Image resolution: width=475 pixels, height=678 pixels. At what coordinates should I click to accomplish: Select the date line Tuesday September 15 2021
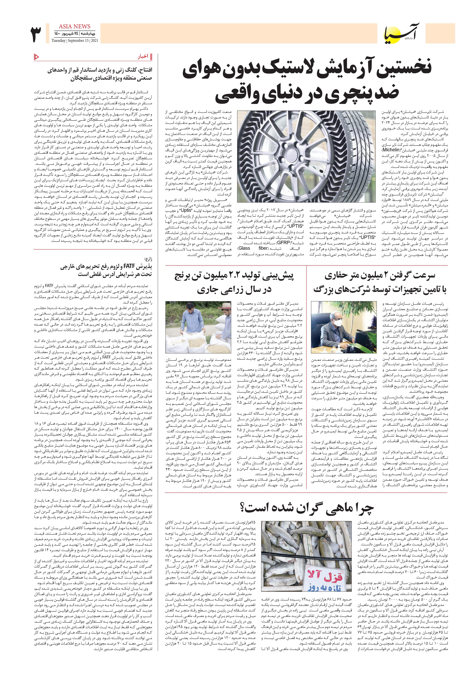tap(75, 40)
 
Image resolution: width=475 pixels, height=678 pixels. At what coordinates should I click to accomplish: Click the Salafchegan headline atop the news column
tap(100, 74)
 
